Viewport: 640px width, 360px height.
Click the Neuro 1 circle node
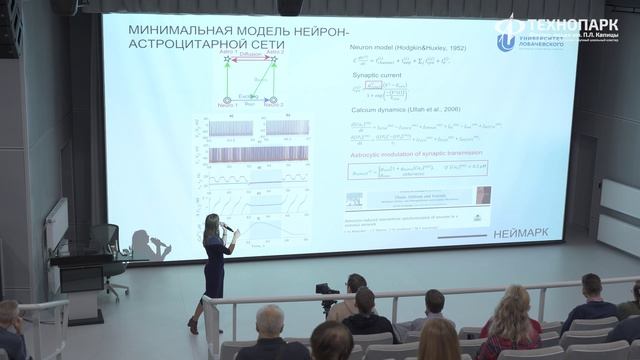(227, 100)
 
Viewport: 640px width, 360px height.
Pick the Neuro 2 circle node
(271, 100)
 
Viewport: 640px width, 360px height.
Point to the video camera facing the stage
(327, 291)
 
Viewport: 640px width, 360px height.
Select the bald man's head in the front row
(270, 320)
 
